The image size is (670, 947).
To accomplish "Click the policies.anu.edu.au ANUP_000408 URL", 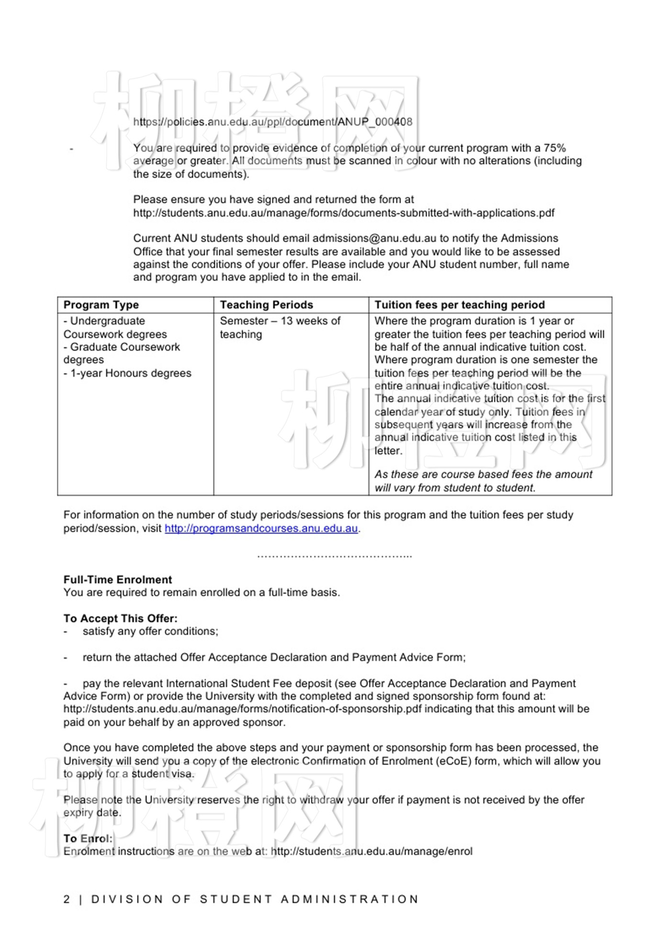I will (x=272, y=122).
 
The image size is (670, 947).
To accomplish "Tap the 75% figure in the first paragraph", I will (x=554, y=148).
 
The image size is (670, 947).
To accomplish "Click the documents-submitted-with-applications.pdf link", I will (x=344, y=213).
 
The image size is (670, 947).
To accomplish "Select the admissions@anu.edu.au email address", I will (x=374, y=238).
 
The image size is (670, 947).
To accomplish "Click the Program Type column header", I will (x=101, y=305).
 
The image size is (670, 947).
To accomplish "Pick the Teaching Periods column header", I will (x=266, y=305).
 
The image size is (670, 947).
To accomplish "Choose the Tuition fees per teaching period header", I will (x=459, y=305).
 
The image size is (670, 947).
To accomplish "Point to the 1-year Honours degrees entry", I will (x=127, y=373).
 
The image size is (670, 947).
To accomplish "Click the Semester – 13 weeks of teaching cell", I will (x=280, y=327).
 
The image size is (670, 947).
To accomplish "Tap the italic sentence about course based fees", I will (x=483, y=481).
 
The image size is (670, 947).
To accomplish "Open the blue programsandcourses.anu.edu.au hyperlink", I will (x=261, y=529).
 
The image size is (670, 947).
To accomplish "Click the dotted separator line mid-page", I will (x=335, y=556).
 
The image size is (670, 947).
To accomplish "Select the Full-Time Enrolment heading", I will (x=118, y=580).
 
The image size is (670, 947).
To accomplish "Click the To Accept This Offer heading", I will (x=121, y=618).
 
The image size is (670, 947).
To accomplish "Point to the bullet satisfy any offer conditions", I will (x=150, y=631).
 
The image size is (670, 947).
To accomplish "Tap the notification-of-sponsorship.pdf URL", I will (x=243, y=709).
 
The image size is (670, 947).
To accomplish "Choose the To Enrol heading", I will (x=88, y=838).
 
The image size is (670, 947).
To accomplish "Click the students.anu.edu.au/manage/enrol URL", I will (x=371, y=851).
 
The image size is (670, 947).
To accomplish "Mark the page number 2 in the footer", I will (x=67, y=899).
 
